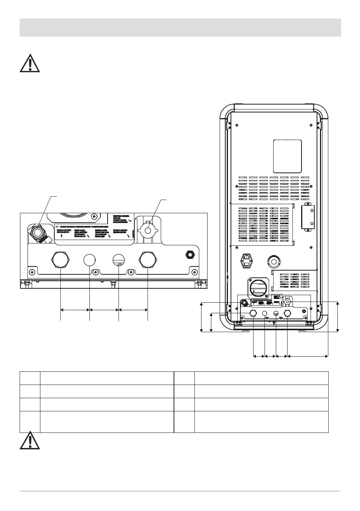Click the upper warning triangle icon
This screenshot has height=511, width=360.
point(30,63)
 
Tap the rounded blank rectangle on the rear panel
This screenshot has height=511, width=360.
point(287,156)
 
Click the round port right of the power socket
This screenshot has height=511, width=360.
point(274,261)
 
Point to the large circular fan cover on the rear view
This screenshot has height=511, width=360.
point(258,288)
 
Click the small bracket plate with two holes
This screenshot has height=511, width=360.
point(308,216)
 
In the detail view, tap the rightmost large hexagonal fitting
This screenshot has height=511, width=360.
point(147,259)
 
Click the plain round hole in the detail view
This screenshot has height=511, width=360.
point(89,259)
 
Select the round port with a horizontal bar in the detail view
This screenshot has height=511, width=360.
point(118,259)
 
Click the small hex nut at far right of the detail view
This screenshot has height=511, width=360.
point(188,255)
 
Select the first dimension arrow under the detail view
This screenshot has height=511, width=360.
point(75,309)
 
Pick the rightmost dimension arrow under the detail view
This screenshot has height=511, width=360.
point(133,309)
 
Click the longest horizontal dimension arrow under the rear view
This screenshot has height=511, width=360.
point(308,355)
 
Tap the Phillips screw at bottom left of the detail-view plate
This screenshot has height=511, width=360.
point(33,272)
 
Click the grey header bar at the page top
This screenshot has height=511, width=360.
point(180,28)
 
